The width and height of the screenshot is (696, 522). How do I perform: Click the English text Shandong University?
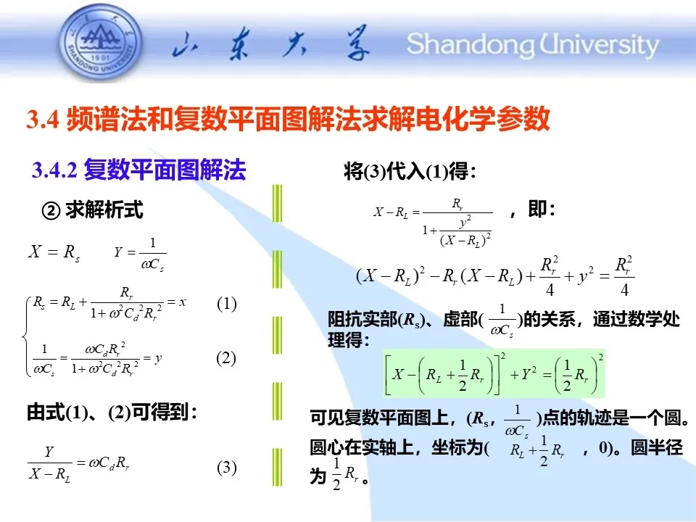click(x=533, y=44)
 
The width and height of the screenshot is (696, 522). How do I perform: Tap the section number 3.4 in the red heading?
click(x=43, y=119)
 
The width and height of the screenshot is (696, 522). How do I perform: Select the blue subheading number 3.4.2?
click(x=54, y=170)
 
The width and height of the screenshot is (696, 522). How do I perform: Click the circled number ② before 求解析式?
click(x=51, y=211)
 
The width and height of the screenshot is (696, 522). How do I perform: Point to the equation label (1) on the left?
click(x=226, y=304)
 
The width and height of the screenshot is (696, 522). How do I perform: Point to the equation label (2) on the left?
click(x=226, y=358)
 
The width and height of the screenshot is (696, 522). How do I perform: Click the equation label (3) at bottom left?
click(x=226, y=468)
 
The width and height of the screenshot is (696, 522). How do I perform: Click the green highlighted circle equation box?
click(x=494, y=373)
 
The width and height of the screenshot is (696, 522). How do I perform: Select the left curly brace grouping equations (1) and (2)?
click(x=26, y=337)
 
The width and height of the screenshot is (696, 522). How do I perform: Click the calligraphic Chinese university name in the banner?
click(x=271, y=44)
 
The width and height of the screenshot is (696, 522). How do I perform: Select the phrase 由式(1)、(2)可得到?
click(x=112, y=413)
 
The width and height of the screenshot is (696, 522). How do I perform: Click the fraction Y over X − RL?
click(x=49, y=463)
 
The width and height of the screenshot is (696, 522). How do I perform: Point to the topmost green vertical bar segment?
click(x=278, y=203)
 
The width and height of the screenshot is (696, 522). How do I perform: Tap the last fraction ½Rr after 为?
click(x=345, y=474)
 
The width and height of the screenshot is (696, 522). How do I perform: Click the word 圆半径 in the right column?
click(x=657, y=447)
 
